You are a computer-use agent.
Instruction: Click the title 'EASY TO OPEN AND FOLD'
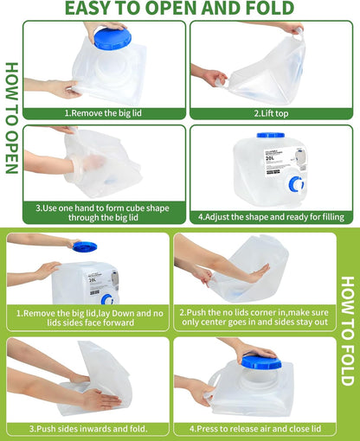coord(180,10)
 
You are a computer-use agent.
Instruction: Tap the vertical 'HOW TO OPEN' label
coord(11,118)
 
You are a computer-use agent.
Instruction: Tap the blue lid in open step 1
coord(112,37)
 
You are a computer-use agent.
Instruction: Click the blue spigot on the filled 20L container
coord(296,184)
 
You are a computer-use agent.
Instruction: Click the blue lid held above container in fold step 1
coord(85,246)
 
